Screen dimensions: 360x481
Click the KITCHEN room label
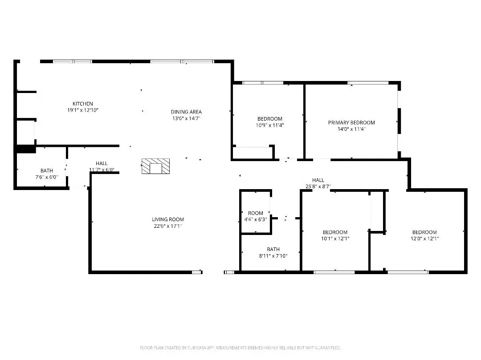pyautogui.click(x=83, y=104)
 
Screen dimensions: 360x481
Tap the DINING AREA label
pyautogui.click(x=186, y=112)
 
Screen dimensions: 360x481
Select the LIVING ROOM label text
pyautogui.click(x=168, y=219)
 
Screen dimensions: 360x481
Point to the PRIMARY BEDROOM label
pyautogui.click(x=351, y=122)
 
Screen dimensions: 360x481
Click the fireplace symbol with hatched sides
pyautogui.click(x=155, y=166)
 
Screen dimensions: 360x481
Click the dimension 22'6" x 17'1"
pyautogui.click(x=168, y=226)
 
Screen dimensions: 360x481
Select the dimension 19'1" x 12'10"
pyautogui.click(x=83, y=110)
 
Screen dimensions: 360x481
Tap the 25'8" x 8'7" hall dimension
pyautogui.click(x=318, y=186)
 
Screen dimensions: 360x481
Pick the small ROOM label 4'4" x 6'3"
pyautogui.click(x=256, y=213)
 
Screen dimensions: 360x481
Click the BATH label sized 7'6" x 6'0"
pyautogui.click(x=46, y=170)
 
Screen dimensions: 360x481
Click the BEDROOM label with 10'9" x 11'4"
pyautogui.click(x=270, y=119)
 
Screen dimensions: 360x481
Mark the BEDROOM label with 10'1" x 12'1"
pyautogui.click(x=335, y=232)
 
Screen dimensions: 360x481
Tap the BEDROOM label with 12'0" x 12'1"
pyautogui.click(x=424, y=232)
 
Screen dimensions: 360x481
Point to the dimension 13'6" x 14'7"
pyautogui.click(x=186, y=118)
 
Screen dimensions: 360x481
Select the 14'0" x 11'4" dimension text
pyautogui.click(x=351, y=129)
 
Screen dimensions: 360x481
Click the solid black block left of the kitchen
pyautogui.click(x=26, y=150)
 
